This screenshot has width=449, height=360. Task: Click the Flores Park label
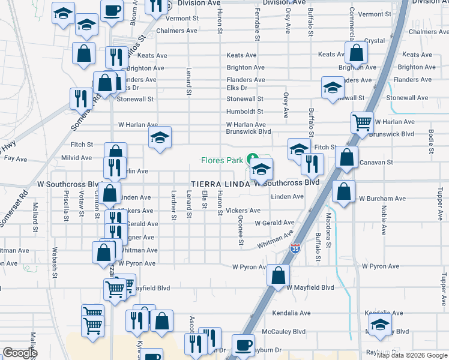(221, 160)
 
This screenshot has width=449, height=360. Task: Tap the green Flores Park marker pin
(253, 159)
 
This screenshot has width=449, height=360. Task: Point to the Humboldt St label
(244, 112)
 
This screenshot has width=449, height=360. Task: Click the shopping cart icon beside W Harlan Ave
(362, 122)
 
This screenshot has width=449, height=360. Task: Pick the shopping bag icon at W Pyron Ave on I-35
(278, 275)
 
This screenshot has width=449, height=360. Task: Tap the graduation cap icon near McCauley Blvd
(379, 325)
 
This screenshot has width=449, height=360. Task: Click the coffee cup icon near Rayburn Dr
(243, 344)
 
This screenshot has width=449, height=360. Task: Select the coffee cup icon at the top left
(112, 10)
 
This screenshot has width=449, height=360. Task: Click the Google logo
(20, 353)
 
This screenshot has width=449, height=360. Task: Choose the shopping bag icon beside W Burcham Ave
(343, 192)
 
